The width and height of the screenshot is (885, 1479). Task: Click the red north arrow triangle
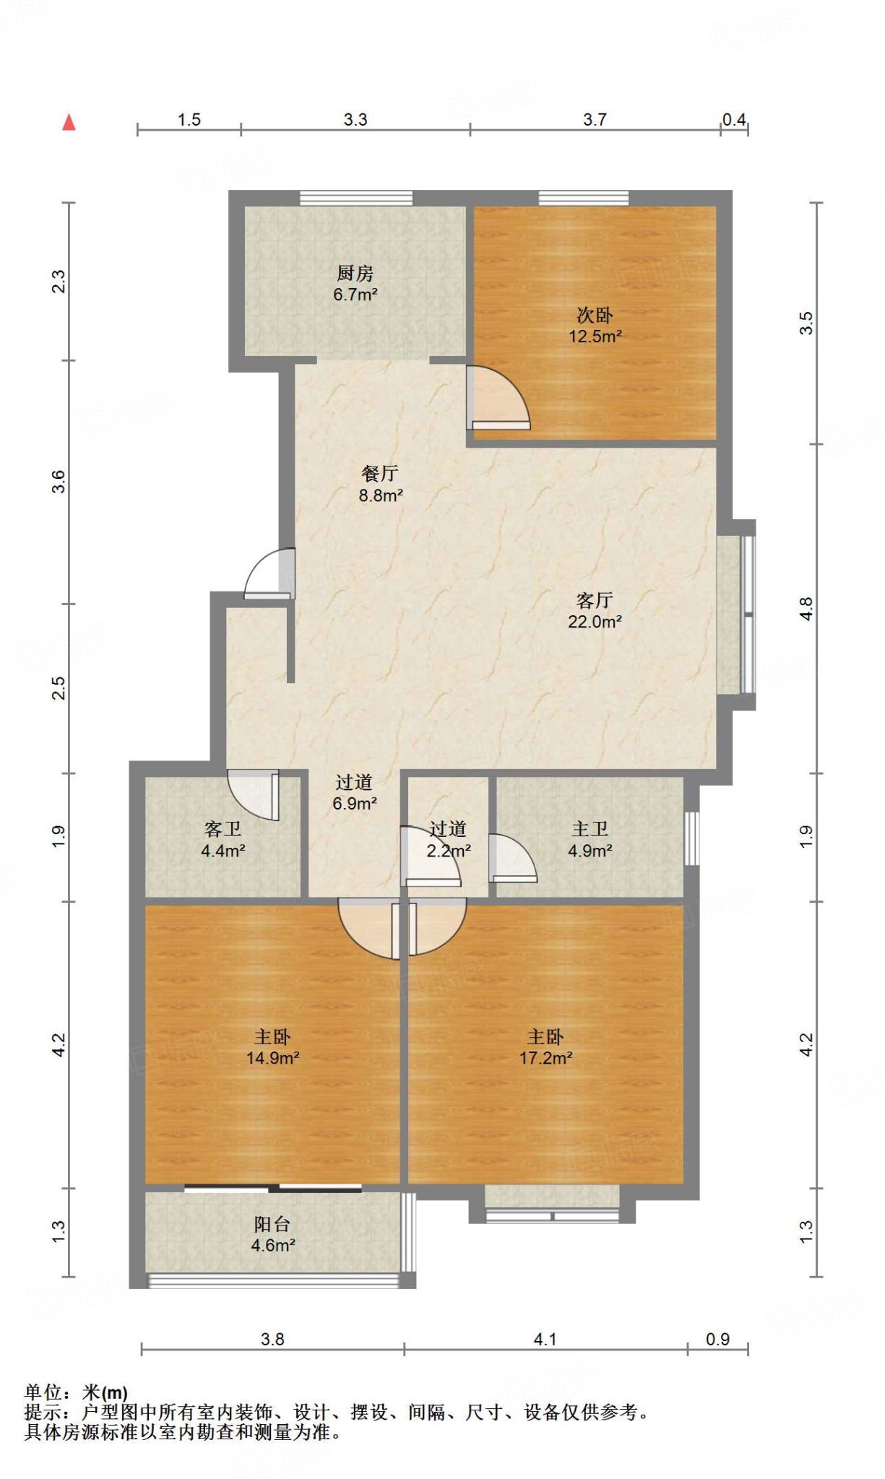pyautogui.click(x=69, y=122)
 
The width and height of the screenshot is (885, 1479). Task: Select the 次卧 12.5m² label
pyautogui.click(x=595, y=326)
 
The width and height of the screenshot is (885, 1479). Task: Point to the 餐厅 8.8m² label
pyautogui.click(x=381, y=485)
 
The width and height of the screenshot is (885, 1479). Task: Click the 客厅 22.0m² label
pyautogui.click(x=595, y=611)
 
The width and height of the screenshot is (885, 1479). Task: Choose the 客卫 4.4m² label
pyautogui.click(x=223, y=840)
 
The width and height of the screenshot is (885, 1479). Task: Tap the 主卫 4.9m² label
pyautogui.click(x=590, y=840)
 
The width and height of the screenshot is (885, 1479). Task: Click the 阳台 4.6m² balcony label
pyautogui.click(x=273, y=1235)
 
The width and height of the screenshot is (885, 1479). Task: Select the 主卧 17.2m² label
pyautogui.click(x=546, y=1048)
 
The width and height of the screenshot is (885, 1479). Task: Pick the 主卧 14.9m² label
pyautogui.click(x=273, y=1048)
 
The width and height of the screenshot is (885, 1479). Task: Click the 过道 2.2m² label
pyautogui.click(x=449, y=840)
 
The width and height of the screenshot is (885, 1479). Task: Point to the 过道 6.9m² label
pyautogui.click(x=355, y=793)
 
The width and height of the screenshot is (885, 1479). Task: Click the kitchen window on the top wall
pyautogui.click(x=356, y=198)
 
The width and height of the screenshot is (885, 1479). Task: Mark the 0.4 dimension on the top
pyautogui.click(x=734, y=120)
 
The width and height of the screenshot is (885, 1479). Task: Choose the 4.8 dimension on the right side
pyautogui.click(x=806, y=609)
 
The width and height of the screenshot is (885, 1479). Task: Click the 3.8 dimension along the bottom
pyautogui.click(x=272, y=1340)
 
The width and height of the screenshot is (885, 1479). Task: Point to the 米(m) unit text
pyautogui.click(x=105, y=1392)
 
